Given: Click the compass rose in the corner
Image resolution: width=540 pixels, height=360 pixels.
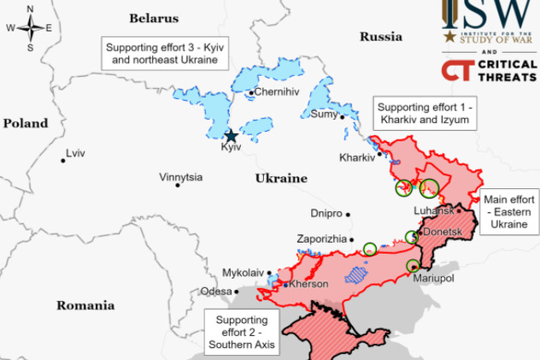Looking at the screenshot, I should click(29, 27).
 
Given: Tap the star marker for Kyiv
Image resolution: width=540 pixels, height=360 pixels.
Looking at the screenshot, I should click(231, 135).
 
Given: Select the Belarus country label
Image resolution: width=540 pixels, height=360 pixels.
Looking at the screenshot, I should click(155, 18).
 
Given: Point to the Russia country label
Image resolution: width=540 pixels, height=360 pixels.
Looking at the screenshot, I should click(380, 37).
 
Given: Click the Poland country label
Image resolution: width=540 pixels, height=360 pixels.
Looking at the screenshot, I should click(26, 123).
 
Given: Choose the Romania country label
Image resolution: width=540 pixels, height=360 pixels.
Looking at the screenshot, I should click(85, 305).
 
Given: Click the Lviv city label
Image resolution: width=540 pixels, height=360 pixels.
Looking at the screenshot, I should click(76, 154).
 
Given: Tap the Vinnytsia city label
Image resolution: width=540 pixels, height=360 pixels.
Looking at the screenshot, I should click(181, 178).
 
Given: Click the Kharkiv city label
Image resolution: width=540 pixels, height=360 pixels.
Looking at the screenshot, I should click(356, 157).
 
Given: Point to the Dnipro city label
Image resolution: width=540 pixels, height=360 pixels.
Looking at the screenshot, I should click(326, 212).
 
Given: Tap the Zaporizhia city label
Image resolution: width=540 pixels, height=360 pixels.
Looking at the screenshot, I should click(321, 239).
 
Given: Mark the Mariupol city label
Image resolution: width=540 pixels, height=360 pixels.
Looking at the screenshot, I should click(432, 279).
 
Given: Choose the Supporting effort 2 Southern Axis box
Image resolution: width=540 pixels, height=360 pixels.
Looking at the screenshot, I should click(242, 333).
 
